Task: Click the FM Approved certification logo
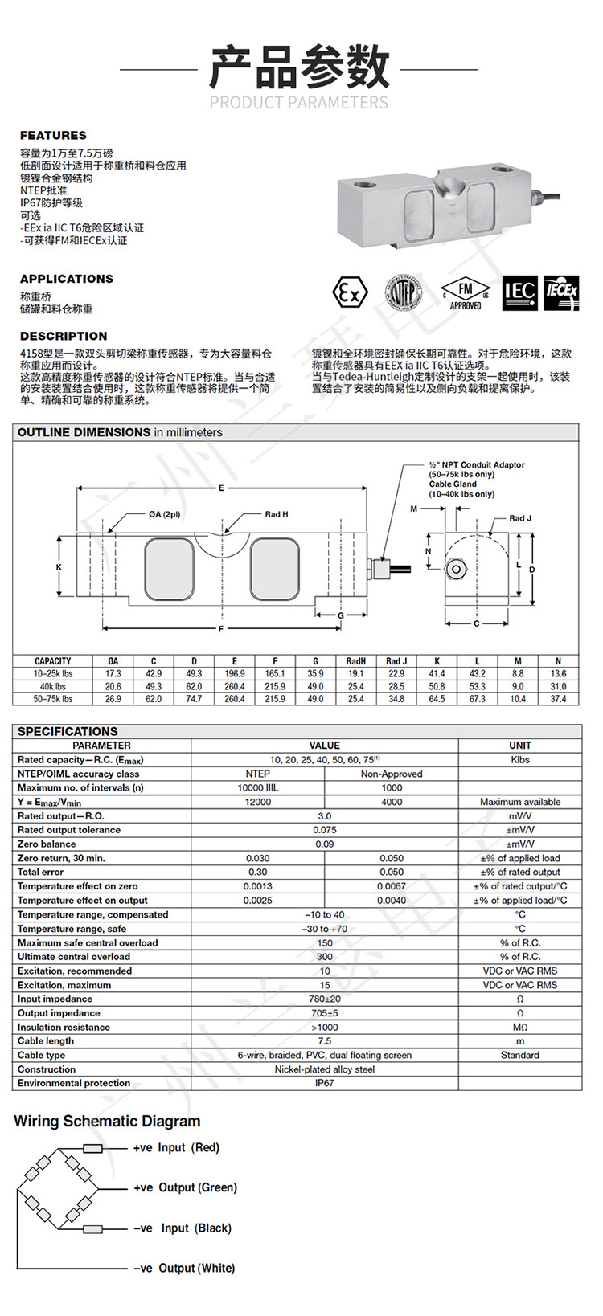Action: [x=466, y=293]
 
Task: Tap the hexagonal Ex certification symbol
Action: [x=350, y=292]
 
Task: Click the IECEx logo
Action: [x=561, y=292]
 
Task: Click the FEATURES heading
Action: [x=53, y=135]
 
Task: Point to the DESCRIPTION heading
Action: [x=64, y=336]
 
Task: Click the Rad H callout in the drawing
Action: [x=276, y=514]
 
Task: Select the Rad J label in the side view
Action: [x=520, y=518]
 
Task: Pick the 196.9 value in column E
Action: [x=235, y=673]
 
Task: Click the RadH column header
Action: [x=355, y=661]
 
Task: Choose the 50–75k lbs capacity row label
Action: [x=53, y=699]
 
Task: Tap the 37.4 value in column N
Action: [x=558, y=699]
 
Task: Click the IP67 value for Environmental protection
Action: [x=324, y=1083]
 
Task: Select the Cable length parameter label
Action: [x=46, y=1040]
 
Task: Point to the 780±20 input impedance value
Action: [x=324, y=999]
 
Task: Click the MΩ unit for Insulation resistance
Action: [x=519, y=1027]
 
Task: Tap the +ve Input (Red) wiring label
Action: [x=176, y=1147]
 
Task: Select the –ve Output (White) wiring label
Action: [x=184, y=1268]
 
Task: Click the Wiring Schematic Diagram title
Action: [x=107, y=1121]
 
